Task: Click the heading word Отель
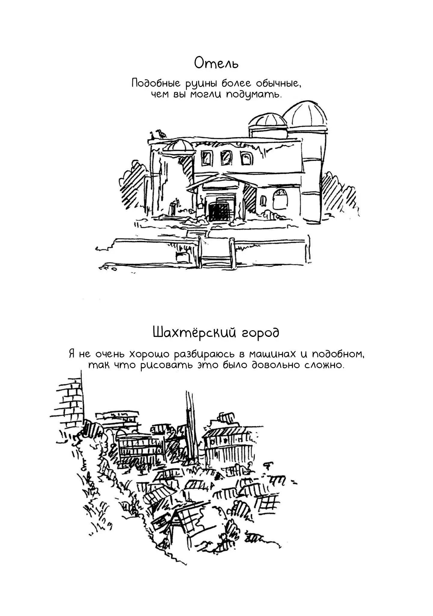[216, 63]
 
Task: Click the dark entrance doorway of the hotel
[219, 212]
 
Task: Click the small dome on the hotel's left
[178, 146]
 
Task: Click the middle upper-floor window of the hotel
[226, 158]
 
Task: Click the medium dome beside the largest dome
[267, 120]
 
